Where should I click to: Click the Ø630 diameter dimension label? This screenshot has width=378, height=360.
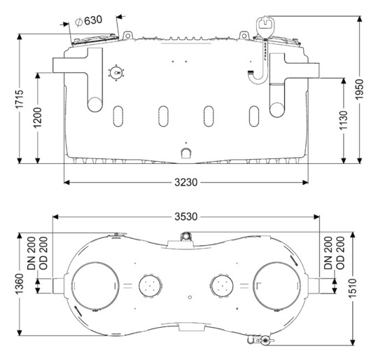[x=88, y=21]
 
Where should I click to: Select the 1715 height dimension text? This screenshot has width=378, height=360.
[x=20, y=99]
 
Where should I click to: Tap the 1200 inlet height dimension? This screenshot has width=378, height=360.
[x=38, y=118]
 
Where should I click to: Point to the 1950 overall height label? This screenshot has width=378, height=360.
[x=359, y=89]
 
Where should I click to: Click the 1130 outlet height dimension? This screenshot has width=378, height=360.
[x=344, y=120]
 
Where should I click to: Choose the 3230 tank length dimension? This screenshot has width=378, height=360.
[x=186, y=183]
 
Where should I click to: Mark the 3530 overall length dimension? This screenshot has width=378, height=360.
[x=186, y=217]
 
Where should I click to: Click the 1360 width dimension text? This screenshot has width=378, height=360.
[x=20, y=284]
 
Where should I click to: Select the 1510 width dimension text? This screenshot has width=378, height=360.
[x=352, y=289]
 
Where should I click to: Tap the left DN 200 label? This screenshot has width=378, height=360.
[x=31, y=253]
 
